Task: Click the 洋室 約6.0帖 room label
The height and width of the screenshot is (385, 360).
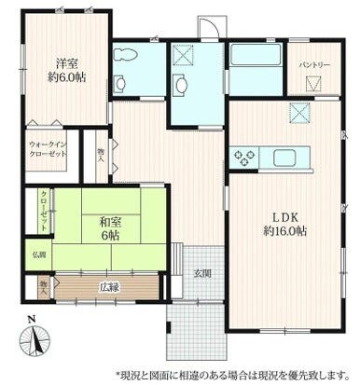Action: [65, 72]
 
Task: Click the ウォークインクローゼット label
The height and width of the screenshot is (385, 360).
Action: [47, 151]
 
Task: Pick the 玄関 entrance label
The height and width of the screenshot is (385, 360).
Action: [202, 273]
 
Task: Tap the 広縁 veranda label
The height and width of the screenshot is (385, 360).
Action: [109, 285]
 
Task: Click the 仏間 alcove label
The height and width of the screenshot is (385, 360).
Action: [40, 254]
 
